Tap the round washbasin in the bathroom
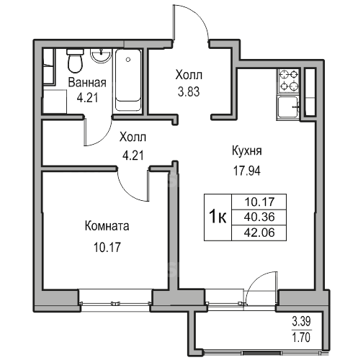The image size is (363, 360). tap(101, 55)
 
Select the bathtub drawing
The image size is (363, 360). tap(128, 80)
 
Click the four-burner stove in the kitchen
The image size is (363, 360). tap(289, 81)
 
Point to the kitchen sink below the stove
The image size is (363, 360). tap(288, 107)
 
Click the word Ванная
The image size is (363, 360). tap(87, 82)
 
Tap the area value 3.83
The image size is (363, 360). tap(189, 91)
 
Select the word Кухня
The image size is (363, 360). tap(247, 151)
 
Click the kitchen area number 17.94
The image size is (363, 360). tap(247, 171)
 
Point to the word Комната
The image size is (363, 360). tap(107, 226)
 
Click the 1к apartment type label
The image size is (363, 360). tap(218, 217)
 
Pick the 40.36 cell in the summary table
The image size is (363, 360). tap(259, 217)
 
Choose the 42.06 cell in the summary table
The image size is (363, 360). tap(259, 233)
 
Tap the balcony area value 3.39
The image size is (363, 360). tap(301, 321)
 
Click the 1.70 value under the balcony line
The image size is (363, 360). tap(301, 337)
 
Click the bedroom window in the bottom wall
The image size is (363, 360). tap(116, 303)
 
